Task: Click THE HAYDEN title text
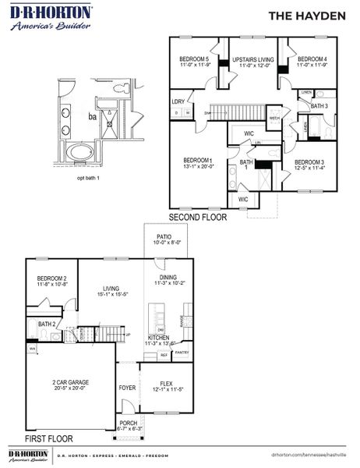point(305,15)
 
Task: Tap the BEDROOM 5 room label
point(194,59)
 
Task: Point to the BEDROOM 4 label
point(312,59)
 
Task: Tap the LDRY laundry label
point(179,101)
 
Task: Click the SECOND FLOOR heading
point(198,218)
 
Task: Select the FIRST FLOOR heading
point(49,439)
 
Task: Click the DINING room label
point(168,277)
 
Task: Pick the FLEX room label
point(166,384)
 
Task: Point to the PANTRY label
point(182,353)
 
